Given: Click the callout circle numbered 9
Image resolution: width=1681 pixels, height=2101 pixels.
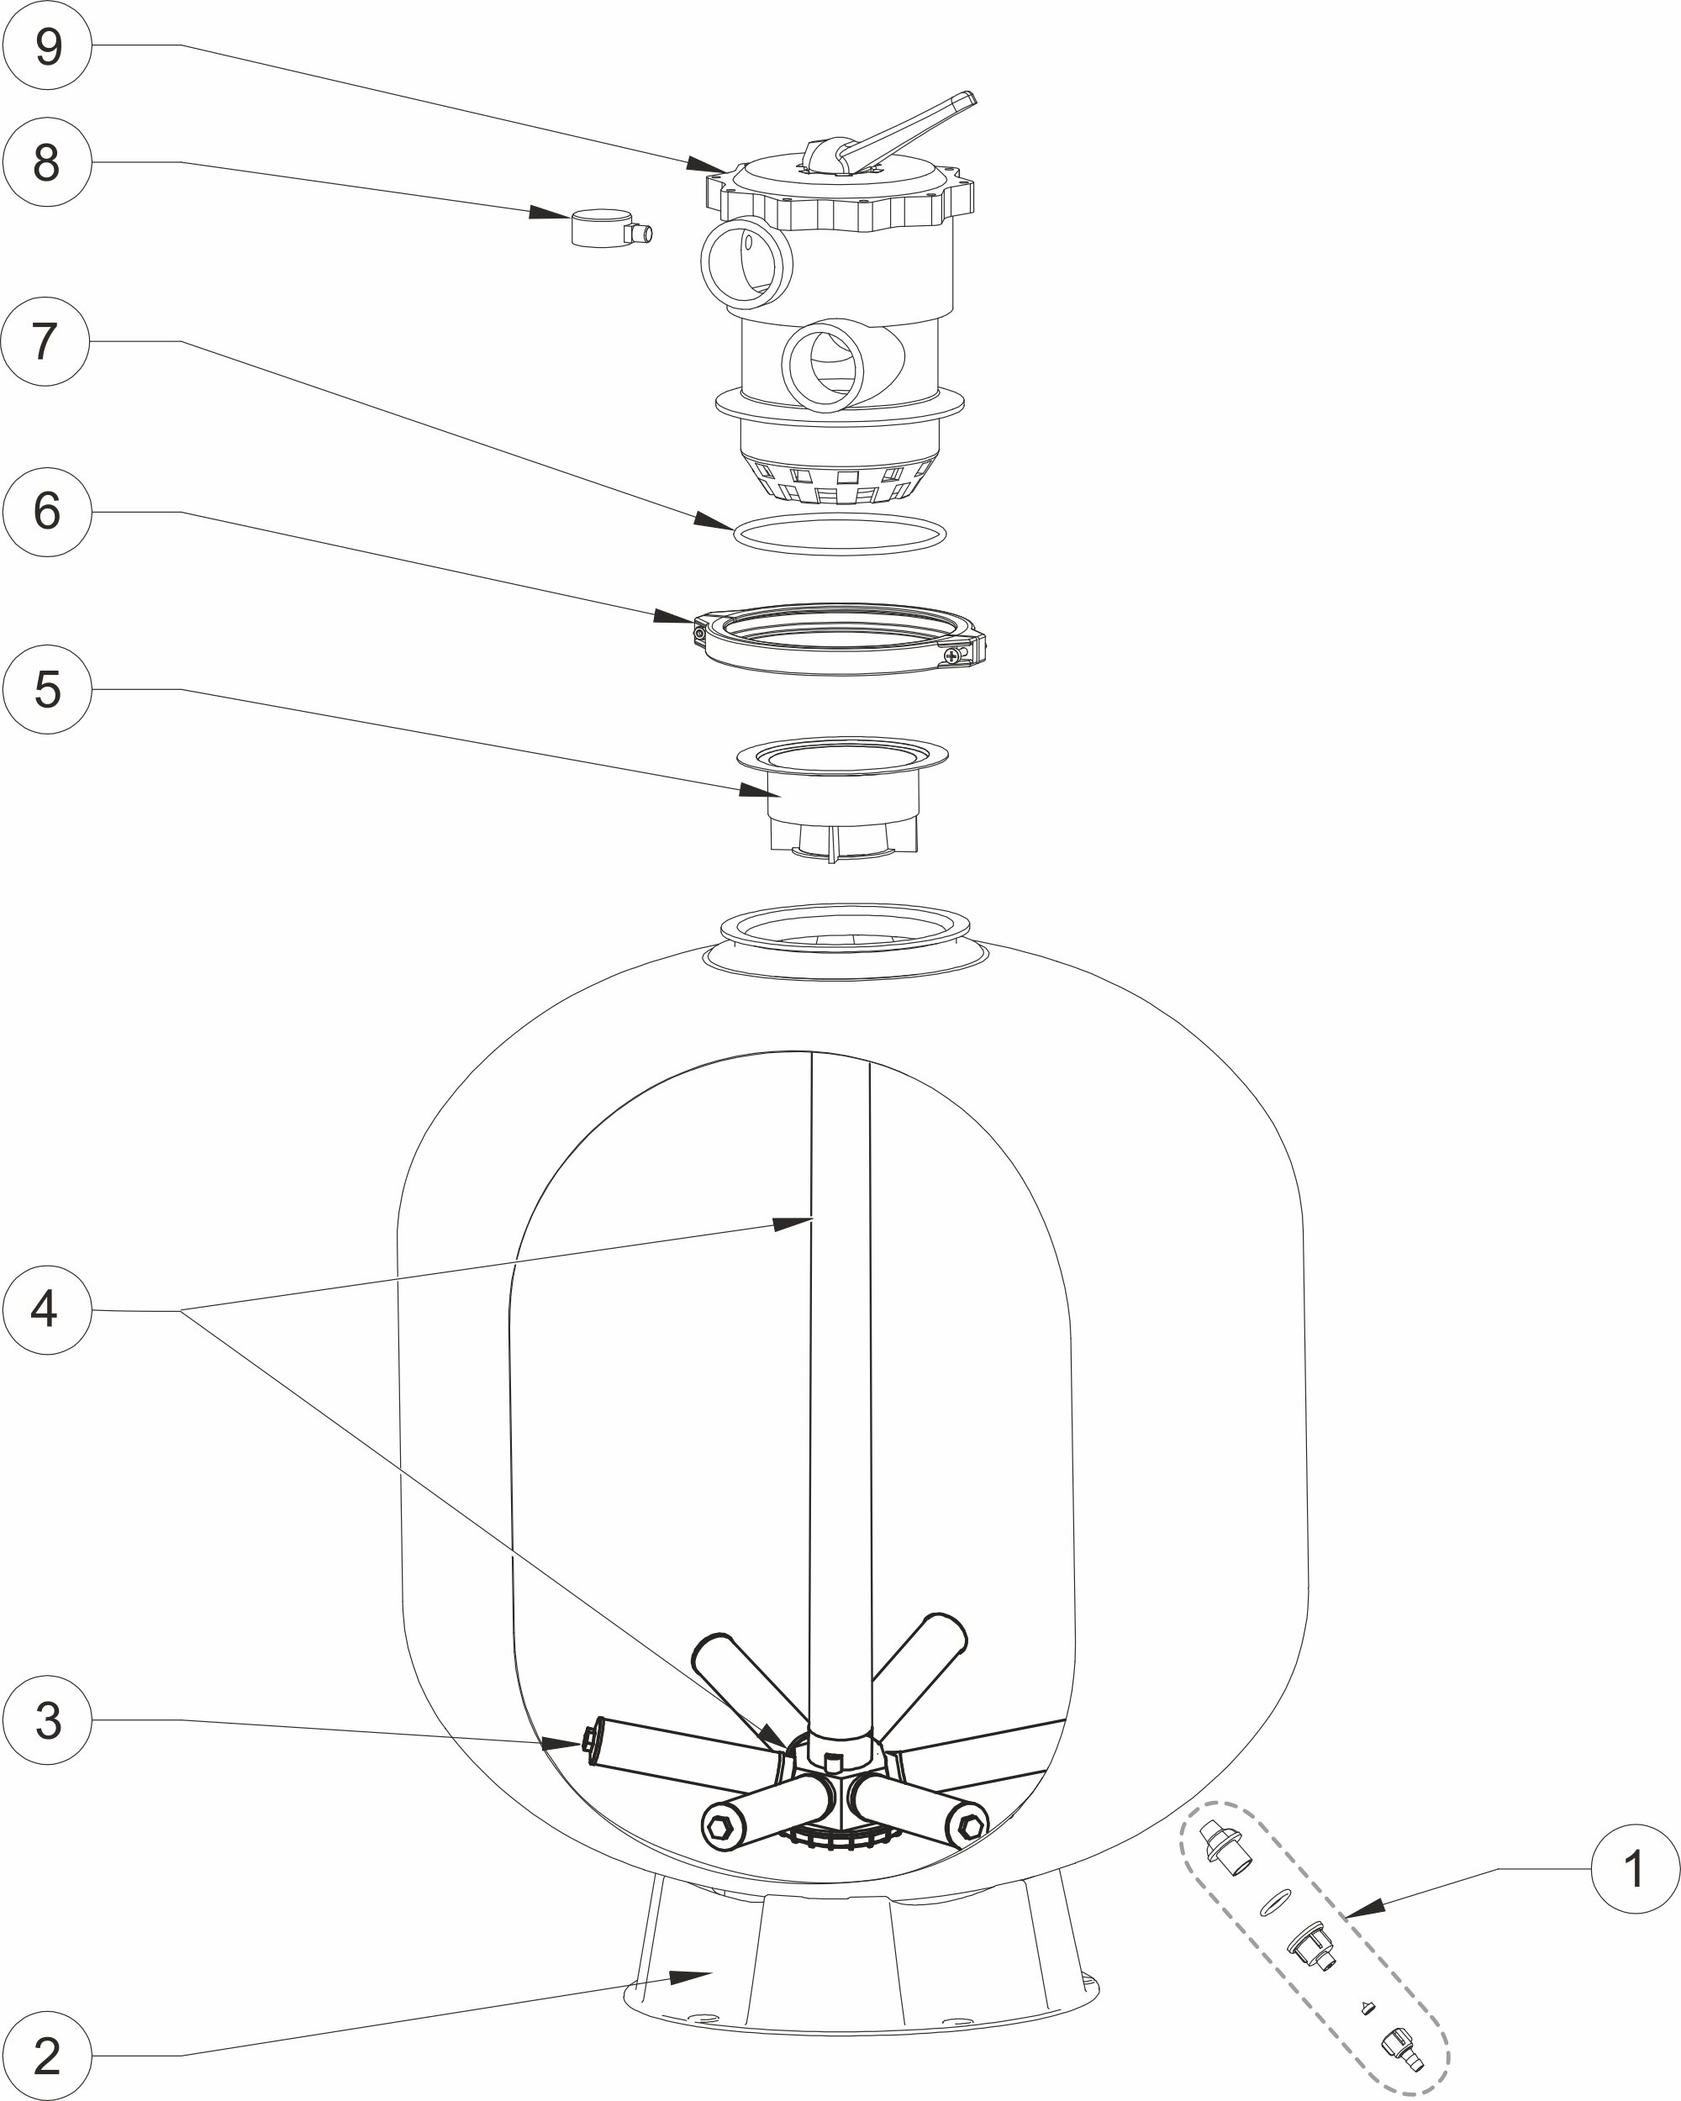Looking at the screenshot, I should point(47,45).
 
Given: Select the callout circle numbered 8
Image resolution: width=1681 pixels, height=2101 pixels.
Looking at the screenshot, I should point(47,161).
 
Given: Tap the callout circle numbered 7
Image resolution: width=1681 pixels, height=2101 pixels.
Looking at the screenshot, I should point(45,341).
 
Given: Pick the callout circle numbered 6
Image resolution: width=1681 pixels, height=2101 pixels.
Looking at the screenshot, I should point(47,512).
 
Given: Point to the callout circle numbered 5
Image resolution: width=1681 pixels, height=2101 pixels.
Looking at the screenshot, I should point(47,689).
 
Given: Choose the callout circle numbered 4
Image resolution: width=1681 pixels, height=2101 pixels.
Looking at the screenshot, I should point(47,1309).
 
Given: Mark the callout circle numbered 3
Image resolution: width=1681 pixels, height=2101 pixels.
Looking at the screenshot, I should point(47,1720).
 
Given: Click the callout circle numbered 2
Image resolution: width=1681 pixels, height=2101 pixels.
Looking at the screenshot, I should point(47,2056).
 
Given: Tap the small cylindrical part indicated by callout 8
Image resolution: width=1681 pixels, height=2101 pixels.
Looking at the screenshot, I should point(606,229).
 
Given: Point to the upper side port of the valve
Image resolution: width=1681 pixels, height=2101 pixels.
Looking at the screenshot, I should point(746,261).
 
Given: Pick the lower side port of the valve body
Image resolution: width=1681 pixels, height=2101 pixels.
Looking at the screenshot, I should point(824,367).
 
